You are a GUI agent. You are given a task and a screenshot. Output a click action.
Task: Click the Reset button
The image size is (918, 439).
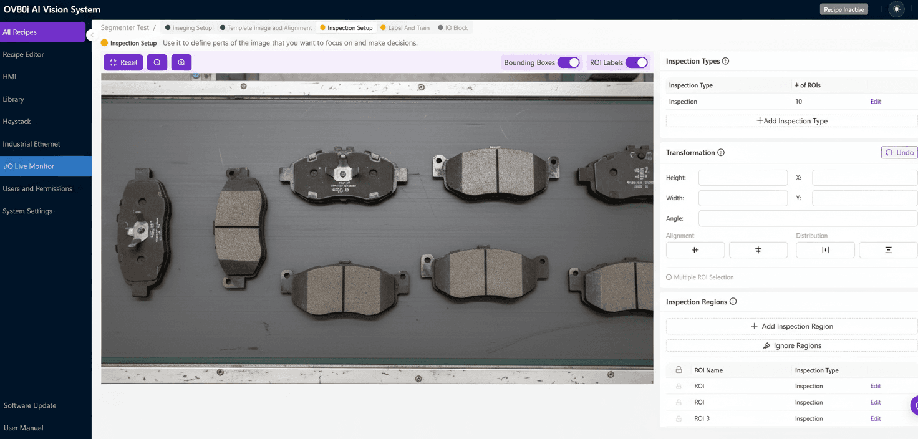(123, 62)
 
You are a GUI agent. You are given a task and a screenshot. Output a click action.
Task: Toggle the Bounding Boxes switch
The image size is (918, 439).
(568, 62)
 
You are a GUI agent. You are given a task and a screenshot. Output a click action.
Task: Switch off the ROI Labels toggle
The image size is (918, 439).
(636, 62)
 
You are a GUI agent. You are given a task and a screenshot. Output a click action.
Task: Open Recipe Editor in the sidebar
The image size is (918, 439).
(24, 54)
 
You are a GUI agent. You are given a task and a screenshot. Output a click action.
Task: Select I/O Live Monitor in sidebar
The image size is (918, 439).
(29, 166)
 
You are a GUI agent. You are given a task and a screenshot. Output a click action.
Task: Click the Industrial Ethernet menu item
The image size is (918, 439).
(32, 144)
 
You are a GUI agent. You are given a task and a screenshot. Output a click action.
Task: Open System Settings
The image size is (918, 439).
(27, 211)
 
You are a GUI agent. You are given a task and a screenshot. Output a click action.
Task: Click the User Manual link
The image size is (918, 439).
(24, 428)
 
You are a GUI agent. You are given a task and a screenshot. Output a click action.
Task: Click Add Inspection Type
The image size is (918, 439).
(791, 121)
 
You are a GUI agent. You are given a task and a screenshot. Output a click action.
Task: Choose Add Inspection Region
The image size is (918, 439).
(791, 326)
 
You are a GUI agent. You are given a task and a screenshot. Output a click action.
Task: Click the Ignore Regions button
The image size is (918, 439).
(791, 345)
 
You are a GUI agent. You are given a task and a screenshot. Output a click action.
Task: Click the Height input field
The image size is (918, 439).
(743, 178)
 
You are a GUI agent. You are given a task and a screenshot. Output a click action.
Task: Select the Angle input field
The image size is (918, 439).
(808, 218)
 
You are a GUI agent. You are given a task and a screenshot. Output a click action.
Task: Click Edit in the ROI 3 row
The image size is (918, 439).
(876, 418)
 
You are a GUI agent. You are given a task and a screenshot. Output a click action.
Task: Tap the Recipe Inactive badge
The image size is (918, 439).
(844, 9)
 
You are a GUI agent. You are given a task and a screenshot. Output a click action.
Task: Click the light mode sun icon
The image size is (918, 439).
(896, 9)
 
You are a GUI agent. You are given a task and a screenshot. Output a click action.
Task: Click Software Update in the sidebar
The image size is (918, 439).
(30, 405)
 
